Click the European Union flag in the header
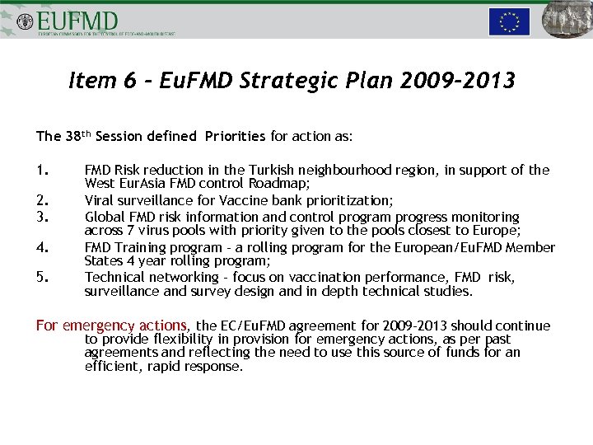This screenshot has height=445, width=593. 509,21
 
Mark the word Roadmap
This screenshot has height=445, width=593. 281,185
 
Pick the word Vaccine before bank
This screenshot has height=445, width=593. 232,200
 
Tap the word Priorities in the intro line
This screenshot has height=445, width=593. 236,136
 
